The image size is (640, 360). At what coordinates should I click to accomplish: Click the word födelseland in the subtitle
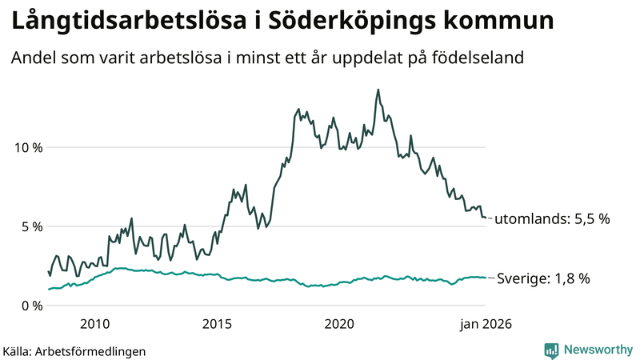[482, 58]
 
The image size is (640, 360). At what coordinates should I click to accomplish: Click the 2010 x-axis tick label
[95, 324]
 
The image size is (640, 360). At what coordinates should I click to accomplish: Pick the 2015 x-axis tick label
[218, 324]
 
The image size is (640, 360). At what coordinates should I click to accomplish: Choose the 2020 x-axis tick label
[340, 324]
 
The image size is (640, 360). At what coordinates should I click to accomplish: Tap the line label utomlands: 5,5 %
[553, 218]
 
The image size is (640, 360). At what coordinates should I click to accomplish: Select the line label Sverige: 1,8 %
[543, 278]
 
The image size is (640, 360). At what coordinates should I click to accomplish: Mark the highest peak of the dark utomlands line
[378, 90]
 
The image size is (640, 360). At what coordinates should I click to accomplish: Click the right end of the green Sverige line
[486, 278]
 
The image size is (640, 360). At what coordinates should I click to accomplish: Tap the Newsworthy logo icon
[551, 350]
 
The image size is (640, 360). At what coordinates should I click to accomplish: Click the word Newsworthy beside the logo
[597, 350]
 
